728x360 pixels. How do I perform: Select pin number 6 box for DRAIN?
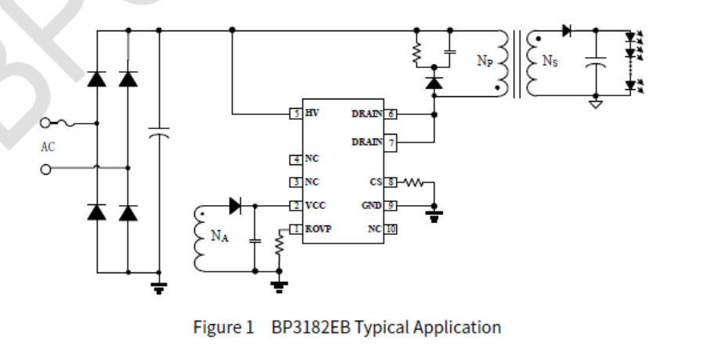391,114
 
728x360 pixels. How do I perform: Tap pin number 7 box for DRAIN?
391,143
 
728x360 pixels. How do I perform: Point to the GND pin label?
371,206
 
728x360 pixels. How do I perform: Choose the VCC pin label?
315,206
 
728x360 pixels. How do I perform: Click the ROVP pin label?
319,229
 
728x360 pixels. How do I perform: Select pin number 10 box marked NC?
391,229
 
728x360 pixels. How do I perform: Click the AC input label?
49,146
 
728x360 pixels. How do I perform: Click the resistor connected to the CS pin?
413,183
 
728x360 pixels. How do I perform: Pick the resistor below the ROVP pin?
278,248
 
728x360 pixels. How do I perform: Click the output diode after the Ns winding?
566,31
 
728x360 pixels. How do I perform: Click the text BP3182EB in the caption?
311,327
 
